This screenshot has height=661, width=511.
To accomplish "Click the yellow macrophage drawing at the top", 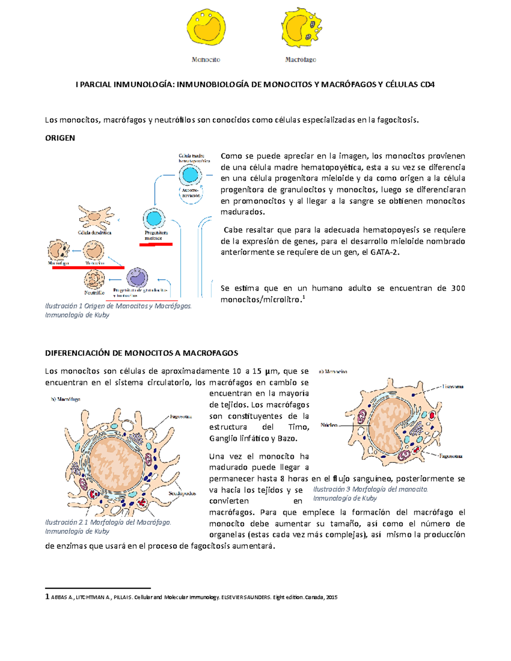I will pyautogui.click(x=301, y=29).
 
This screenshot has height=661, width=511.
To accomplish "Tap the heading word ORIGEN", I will pyautogui.click(x=60, y=138).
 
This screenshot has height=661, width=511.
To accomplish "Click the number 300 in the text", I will pyautogui.click(x=458, y=288).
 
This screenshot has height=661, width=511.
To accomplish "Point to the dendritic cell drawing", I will pyautogui.click(x=96, y=217).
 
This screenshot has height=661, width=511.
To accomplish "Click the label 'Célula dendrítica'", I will pyautogui.click(x=95, y=233).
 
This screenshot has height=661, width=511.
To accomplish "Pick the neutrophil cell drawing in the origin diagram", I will pyautogui.click(x=94, y=280).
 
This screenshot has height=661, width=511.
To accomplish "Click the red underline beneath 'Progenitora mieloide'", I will pyautogui.click(x=156, y=244).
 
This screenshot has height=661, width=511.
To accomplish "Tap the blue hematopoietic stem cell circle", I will pyautogui.click(x=190, y=174).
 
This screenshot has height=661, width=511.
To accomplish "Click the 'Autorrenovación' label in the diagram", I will pyautogui.click(x=190, y=193).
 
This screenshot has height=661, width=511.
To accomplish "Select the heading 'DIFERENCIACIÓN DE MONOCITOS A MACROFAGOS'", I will pyautogui.click(x=141, y=353).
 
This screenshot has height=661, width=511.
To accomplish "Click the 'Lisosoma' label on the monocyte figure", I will pyautogui.click(x=452, y=387).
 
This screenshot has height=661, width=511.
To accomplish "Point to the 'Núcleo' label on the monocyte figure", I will pyautogui.click(x=329, y=425).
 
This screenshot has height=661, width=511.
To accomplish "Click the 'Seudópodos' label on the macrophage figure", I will pyautogui.click(x=182, y=493).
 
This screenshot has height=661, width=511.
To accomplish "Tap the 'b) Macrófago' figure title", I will pyautogui.click(x=66, y=399).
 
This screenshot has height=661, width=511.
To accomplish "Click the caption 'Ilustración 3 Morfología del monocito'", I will pyautogui.click(x=370, y=489).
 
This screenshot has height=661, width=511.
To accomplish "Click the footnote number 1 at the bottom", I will pyautogui.click(x=47, y=597).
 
